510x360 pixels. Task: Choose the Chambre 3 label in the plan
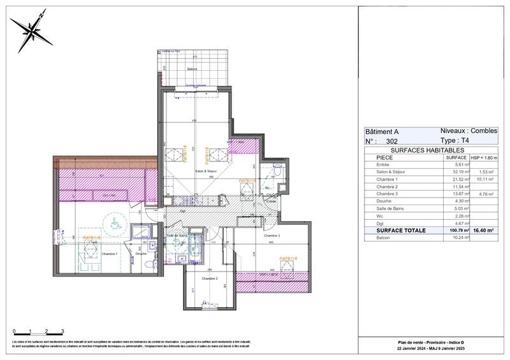[x=273, y=236]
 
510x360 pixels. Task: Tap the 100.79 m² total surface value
[x=456, y=231]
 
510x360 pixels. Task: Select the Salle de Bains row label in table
[x=390, y=208]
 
